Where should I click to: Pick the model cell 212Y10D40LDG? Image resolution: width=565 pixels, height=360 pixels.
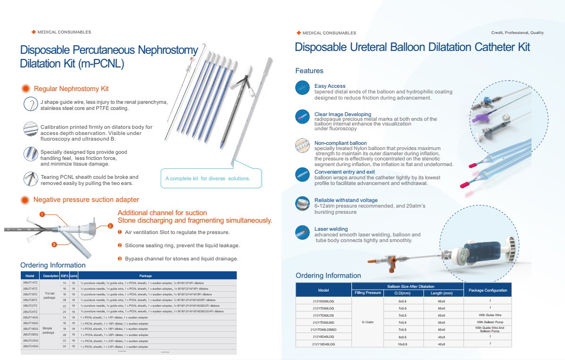(x=323, y=344)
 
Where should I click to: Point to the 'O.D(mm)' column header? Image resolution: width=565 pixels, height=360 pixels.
(x=402, y=293)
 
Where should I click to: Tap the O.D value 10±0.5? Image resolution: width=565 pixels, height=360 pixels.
(x=402, y=344)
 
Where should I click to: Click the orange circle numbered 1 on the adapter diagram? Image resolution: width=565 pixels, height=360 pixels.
(x=42, y=215)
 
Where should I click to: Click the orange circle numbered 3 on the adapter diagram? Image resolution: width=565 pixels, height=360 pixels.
(x=54, y=244)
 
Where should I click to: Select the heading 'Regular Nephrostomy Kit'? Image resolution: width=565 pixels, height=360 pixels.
(x=71, y=89)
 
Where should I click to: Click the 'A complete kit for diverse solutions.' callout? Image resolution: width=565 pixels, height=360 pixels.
(x=208, y=178)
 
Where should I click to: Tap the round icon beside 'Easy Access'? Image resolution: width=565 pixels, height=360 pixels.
(x=302, y=88)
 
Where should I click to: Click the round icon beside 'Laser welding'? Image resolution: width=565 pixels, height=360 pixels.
(x=302, y=232)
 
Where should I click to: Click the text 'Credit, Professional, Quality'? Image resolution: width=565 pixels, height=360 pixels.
(x=517, y=33)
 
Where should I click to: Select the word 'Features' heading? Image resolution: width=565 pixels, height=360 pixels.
(x=309, y=71)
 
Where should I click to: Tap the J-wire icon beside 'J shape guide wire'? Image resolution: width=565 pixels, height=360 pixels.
(x=30, y=104)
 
